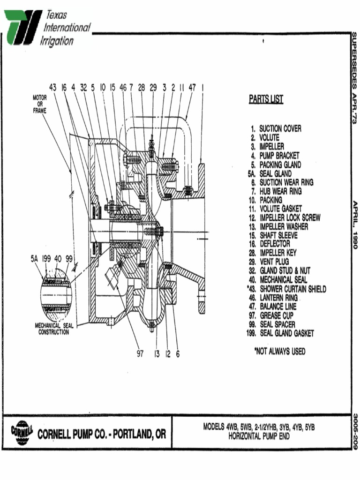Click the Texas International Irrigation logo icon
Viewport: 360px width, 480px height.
(x=22, y=28)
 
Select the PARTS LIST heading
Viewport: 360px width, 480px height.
(x=266, y=99)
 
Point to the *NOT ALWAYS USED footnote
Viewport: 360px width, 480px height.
(x=279, y=351)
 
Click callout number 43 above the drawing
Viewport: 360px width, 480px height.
(x=53, y=87)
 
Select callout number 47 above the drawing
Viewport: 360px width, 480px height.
(x=192, y=87)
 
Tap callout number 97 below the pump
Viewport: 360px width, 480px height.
(x=140, y=354)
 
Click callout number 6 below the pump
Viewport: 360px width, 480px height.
(x=178, y=354)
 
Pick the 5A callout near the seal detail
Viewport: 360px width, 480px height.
(x=34, y=258)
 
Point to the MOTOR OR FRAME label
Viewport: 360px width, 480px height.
(x=40, y=104)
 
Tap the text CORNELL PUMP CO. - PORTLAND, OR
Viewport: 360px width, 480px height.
(x=101, y=435)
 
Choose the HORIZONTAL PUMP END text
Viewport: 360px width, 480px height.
(x=259, y=436)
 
